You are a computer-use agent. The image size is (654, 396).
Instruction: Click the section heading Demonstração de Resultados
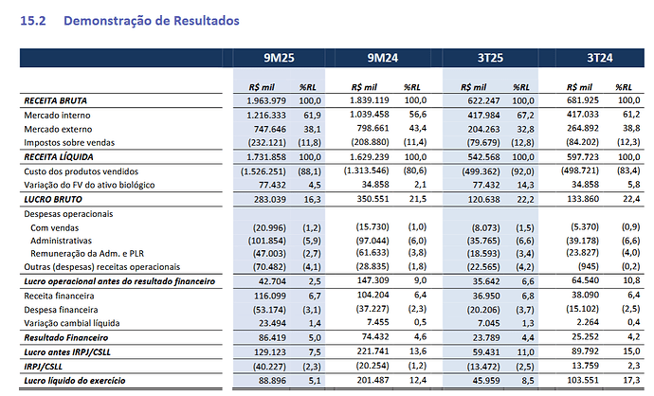click(x=152, y=21)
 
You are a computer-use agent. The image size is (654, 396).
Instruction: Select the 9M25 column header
click(x=279, y=58)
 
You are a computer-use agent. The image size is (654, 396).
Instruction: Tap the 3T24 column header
click(x=600, y=58)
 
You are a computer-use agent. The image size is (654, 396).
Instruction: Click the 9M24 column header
click(x=383, y=58)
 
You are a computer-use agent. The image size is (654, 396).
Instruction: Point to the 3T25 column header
click(x=490, y=58)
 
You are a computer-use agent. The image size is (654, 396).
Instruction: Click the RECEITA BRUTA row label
click(x=56, y=100)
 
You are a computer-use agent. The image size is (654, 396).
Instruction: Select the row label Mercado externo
click(x=58, y=129)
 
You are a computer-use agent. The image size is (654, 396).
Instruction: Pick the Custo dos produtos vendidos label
click(x=81, y=171)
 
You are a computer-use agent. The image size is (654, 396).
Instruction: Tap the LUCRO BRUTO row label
click(x=53, y=199)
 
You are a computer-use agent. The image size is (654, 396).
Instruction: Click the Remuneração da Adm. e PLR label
click(x=87, y=254)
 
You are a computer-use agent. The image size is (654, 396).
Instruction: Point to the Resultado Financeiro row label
click(x=66, y=337)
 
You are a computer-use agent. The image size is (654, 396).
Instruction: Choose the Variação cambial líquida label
click(x=72, y=323)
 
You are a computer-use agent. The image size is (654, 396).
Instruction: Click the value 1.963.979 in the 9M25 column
click(x=266, y=100)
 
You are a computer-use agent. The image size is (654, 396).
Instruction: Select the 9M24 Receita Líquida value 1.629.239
click(x=369, y=157)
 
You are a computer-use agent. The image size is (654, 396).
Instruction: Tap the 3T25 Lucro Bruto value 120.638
click(x=483, y=199)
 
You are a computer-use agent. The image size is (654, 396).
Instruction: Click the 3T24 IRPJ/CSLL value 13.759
click(x=585, y=366)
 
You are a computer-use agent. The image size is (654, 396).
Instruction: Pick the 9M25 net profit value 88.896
click(x=272, y=381)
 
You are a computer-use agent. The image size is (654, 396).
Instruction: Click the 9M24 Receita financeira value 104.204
click(x=372, y=296)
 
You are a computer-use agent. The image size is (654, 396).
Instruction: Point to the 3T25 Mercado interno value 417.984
click(x=483, y=115)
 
